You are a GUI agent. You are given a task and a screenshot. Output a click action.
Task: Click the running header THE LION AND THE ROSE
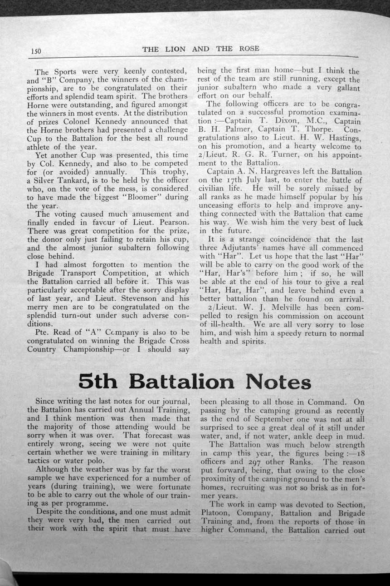click(x=201, y=49)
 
